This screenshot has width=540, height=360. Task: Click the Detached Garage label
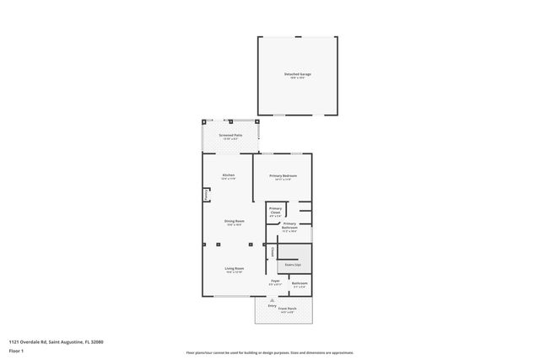[297, 74]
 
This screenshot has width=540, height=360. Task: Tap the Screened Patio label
[230, 135]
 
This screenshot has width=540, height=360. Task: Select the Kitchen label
[228, 175]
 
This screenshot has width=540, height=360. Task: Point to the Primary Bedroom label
[283, 175]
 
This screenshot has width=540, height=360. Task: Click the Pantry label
[206, 194]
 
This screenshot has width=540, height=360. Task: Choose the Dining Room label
[234, 221]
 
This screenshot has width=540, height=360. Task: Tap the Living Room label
[234, 268]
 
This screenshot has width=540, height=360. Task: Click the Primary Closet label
[275, 208]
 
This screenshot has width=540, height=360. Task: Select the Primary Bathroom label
[289, 224]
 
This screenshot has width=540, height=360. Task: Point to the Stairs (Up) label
[294, 264]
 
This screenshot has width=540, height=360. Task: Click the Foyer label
[275, 280]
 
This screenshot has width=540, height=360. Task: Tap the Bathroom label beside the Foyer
[300, 284]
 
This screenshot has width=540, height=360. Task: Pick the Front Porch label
[288, 309]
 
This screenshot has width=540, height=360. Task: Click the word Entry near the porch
[273, 305]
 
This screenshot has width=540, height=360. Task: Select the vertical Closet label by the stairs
[273, 251]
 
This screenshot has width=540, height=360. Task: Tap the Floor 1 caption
[17, 348]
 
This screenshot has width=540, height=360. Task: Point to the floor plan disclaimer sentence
[269, 352]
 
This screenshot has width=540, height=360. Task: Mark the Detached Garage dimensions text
[297, 78]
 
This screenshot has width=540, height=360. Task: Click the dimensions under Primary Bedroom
[283, 180]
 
